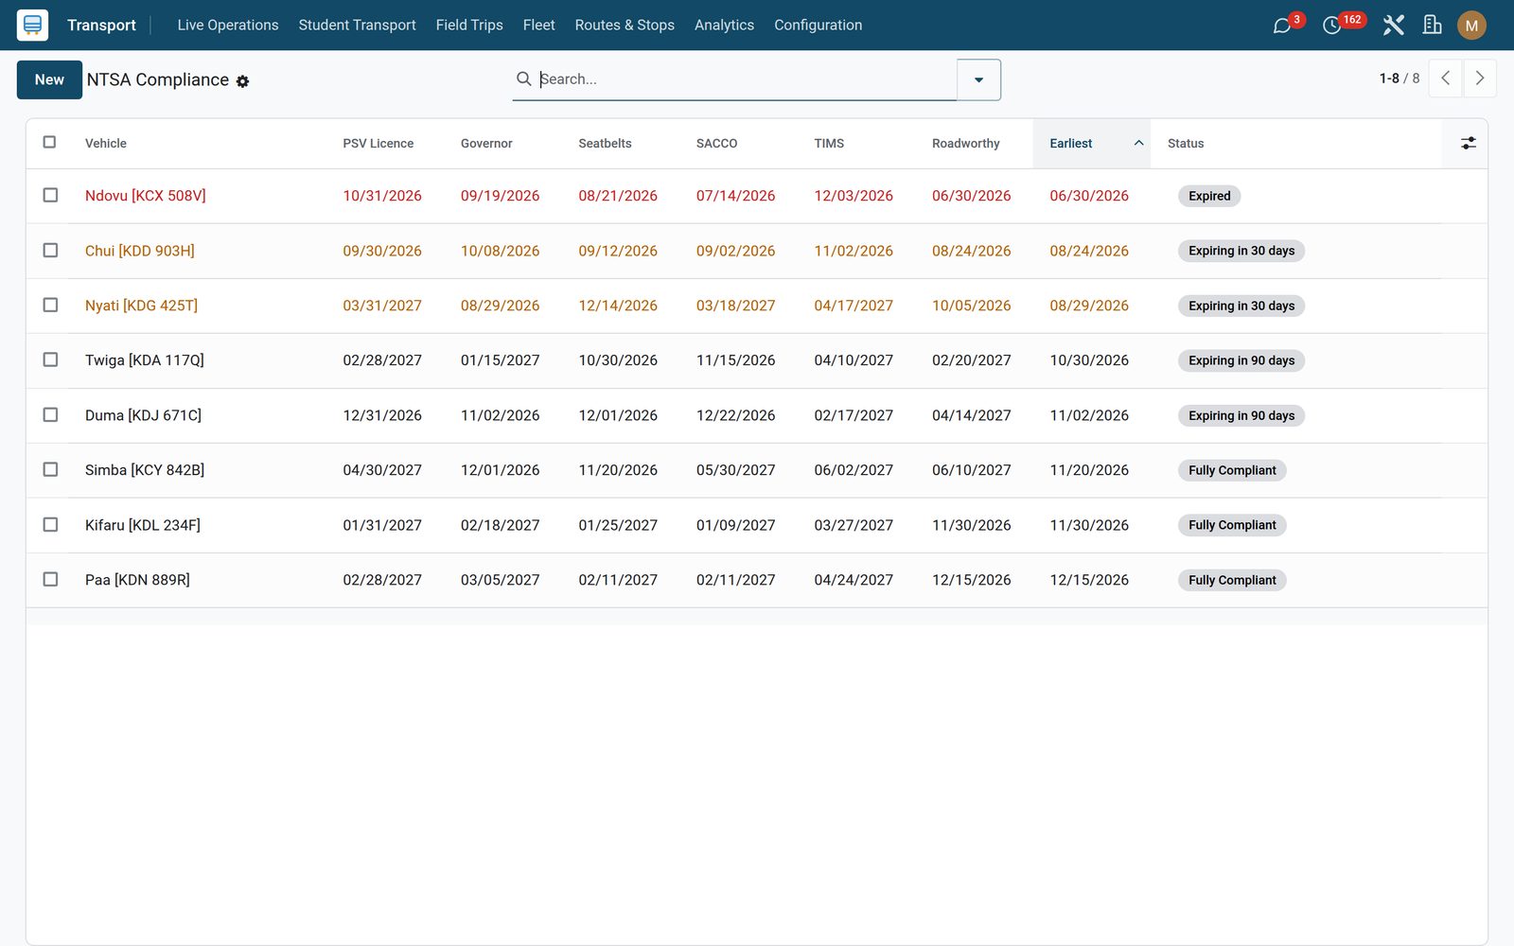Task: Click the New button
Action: click(x=49, y=79)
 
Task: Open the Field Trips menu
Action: click(x=469, y=25)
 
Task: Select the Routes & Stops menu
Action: click(x=625, y=25)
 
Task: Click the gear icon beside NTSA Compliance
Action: click(x=242, y=81)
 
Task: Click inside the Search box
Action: click(x=744, y=79)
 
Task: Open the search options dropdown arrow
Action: click(x=978, y=79)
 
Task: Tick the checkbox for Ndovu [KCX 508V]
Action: click(x=50, y=195)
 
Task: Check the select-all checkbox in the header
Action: click(x=49, y=142)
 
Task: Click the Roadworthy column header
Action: click(x=965, y=143)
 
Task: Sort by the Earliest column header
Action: click(x=1070, y=143)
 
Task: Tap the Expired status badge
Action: click(x=1209, y=196)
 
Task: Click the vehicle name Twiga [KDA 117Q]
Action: click(x=145, y=360)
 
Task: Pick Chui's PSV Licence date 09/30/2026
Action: click(x=382, y=251)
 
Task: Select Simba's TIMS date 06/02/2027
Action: click(x=853, y=470)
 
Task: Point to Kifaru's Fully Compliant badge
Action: click(x=1232, y=525)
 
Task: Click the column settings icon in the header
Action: click(x=1468, y=143)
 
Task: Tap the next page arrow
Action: click(x=1480, y=79)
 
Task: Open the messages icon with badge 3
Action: click(x=1281, y=26)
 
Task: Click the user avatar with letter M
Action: click(x=1471, y=26)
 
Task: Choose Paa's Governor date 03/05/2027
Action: click(x=501, y=580)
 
